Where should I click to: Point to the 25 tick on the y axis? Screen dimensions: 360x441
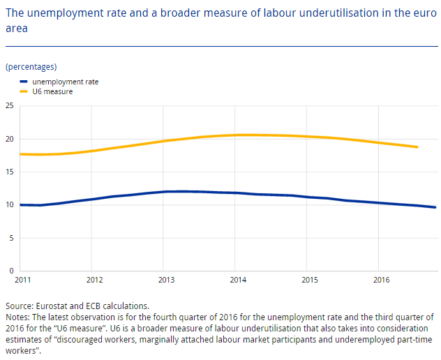pos(10,106)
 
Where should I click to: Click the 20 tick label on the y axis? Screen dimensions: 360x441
pos(10,139)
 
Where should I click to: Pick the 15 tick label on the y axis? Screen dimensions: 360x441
pos(10,172)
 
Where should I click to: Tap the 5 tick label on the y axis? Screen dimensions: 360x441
pos(11,238)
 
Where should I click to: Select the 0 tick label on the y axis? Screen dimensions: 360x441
pos(11,271)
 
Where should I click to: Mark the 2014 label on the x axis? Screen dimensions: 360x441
pos(237,280)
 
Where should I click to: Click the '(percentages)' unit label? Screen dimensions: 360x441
pos(31,67)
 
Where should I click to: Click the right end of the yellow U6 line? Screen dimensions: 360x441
pos(417,147)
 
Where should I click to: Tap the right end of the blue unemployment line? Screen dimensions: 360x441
pos(435,207)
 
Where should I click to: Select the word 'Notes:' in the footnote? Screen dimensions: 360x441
pos(17,316)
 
